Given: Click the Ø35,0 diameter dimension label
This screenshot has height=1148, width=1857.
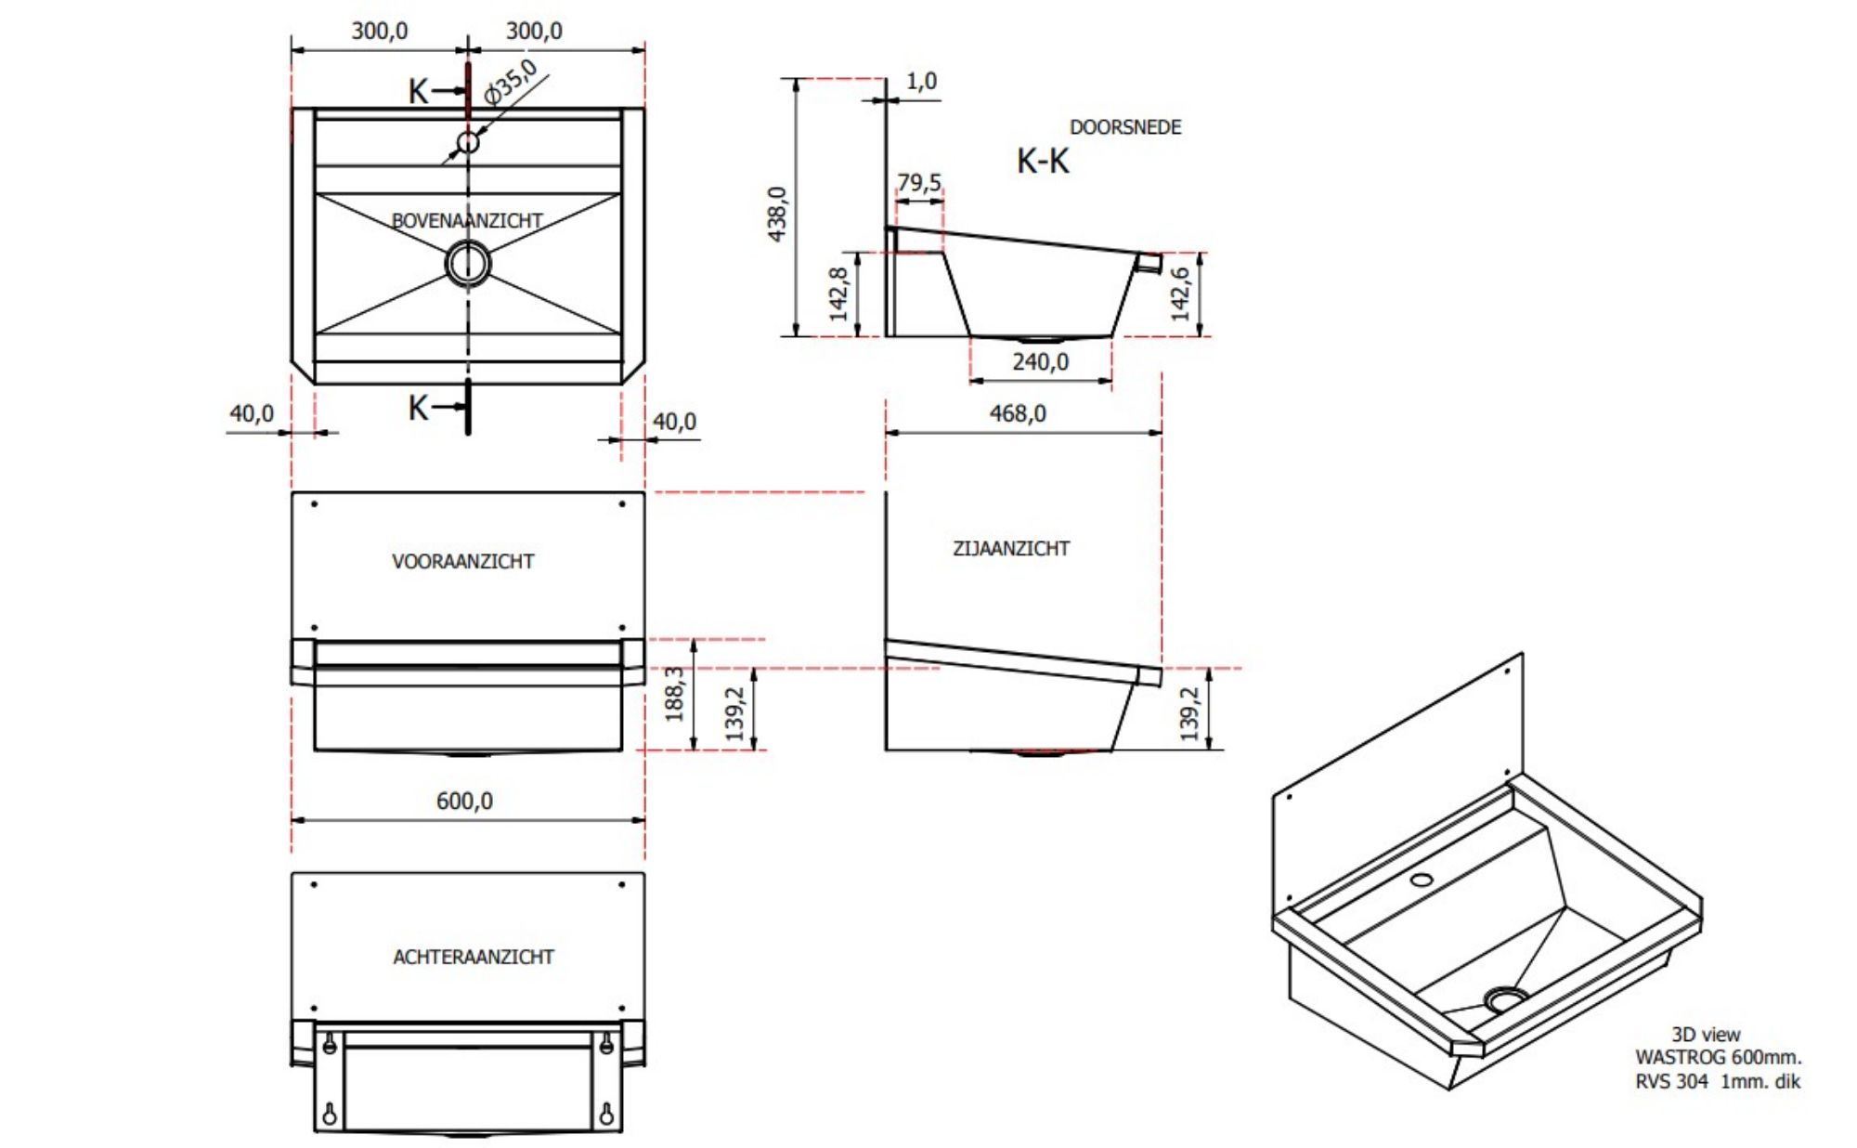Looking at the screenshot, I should (x=512, y=82).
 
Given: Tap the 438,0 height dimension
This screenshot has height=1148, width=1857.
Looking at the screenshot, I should (x=778, y=214).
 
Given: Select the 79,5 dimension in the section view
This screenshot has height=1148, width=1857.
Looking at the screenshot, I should (x=918, y=182).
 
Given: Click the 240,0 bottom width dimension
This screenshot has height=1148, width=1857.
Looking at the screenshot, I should (x=1040, y=362).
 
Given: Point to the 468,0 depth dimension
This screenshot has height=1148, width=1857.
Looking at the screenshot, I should (x=1017, y=413).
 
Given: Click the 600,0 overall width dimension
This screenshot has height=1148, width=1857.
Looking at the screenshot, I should (x=464, y=801).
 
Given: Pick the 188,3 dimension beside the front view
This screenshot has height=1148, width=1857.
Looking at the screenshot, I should (x=675, y=694).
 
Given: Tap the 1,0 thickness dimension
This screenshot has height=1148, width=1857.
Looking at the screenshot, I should (x=921, y=82).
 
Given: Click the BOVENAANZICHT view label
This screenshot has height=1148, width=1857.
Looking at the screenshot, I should (x=467, y=221).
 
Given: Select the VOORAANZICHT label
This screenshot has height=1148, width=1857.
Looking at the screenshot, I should (x=462, y=561).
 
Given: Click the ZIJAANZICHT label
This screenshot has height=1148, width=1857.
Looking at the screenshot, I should (x=1011, y=549).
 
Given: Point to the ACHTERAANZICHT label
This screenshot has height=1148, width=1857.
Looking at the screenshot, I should (x=473, y=957).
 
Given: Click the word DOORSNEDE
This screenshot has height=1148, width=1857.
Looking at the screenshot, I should (x=1125, y=127).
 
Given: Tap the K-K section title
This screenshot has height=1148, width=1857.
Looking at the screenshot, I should (x=1043, y=162).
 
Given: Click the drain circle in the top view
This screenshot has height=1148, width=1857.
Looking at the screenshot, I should (x=468, y=263).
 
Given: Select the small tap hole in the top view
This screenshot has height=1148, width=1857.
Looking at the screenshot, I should (x=468, y=142).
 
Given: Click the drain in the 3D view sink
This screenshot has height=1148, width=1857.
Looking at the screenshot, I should (x=1505, y=999).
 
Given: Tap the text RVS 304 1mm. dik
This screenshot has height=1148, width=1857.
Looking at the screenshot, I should (x=1717, y=1081).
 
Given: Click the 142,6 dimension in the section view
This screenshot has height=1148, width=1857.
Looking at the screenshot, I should (x=1180, y=294).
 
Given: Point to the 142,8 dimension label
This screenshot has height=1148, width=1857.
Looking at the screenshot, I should (x=838, y=294).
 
